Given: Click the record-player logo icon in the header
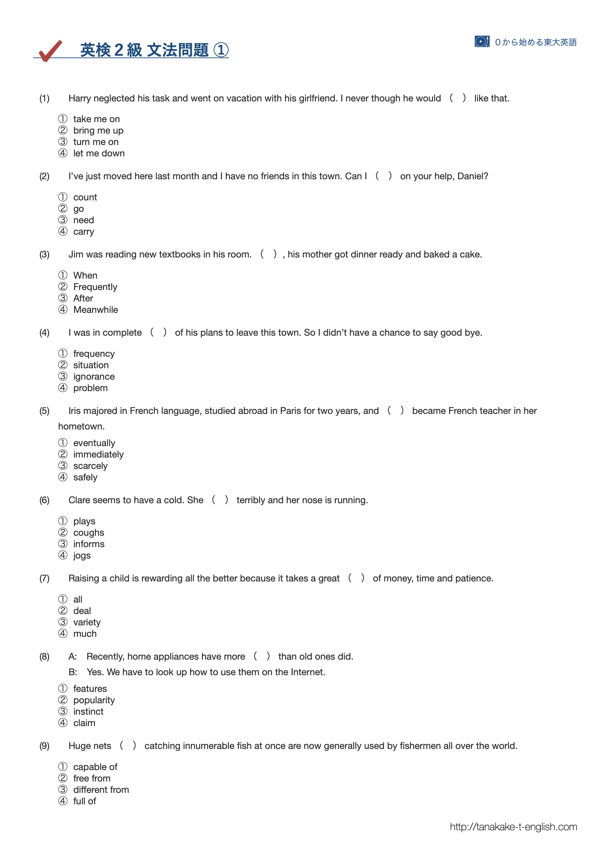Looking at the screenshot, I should coord(482,42).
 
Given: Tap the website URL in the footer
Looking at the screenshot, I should coord(513,827).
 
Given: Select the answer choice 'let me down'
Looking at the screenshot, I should coord(98,153).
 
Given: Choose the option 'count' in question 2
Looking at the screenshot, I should coord(85,197).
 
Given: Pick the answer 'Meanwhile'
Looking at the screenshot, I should coord(96,309).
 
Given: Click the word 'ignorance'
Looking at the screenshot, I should coord(93,377).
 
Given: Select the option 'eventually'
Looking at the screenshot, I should coord(94,443).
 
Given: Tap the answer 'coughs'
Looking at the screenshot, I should coord(88,532).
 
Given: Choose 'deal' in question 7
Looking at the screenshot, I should coord(82,611).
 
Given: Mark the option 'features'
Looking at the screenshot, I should coord(90,689).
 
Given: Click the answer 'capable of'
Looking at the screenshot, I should coord(95,767).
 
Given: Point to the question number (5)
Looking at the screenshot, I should coord(44,411).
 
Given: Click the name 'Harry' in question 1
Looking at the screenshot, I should coord(80,98).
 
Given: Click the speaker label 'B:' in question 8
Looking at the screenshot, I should coord(73,672).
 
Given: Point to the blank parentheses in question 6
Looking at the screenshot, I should coord(220,500).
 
